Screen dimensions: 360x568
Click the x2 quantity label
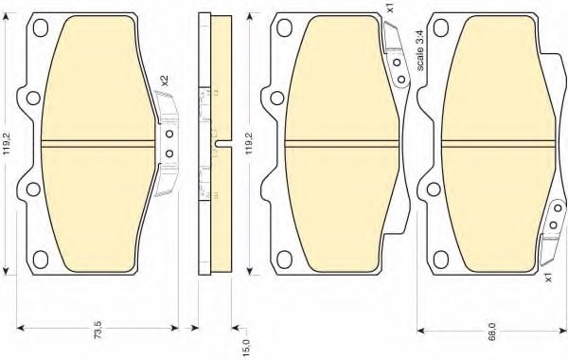tap(165, 81)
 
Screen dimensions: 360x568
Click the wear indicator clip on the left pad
tap(167, 142)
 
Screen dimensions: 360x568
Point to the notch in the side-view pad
tap(232, 144)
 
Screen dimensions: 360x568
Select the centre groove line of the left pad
tap(99, 145)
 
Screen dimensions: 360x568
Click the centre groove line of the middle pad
tap(340, 144)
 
